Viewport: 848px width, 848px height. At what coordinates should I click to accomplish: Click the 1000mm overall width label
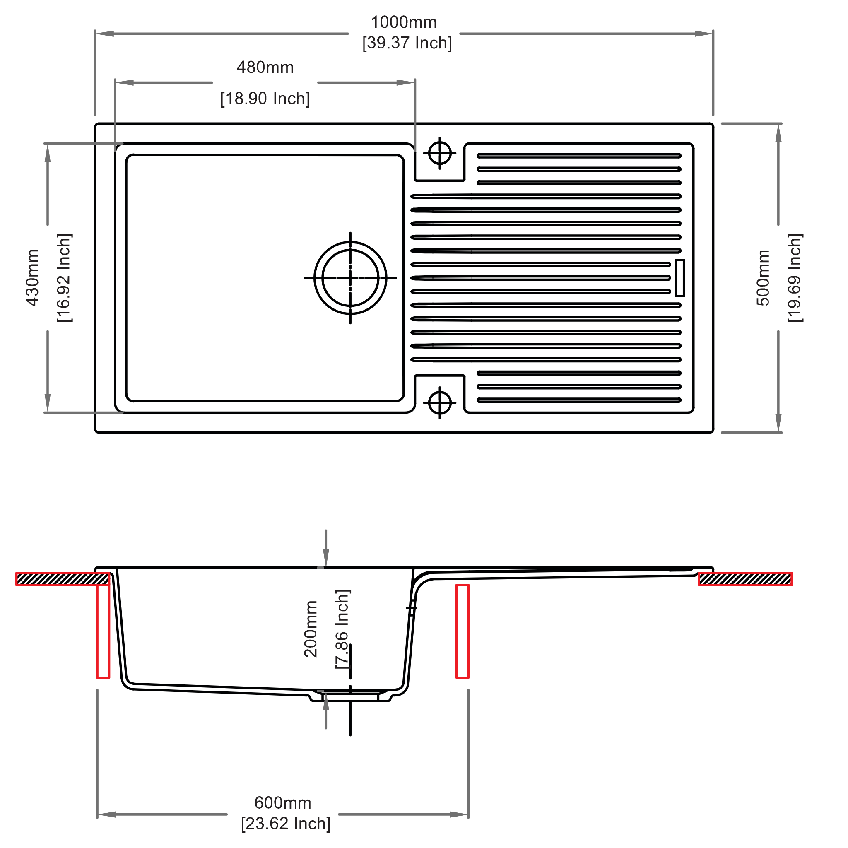404,22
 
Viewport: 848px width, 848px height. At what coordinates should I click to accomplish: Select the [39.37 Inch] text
407,43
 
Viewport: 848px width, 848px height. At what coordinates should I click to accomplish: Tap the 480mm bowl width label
265,67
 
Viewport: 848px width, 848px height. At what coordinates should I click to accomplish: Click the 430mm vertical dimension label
32,278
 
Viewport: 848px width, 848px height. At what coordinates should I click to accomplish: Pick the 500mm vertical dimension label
763,278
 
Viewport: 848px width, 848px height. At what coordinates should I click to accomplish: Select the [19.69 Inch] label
795,278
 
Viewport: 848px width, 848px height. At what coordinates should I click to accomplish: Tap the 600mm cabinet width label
283,803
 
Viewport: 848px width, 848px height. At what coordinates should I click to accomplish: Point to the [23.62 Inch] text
286,824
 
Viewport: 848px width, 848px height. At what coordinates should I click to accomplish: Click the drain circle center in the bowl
350,278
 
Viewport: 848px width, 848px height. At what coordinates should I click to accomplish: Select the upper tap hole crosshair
440,153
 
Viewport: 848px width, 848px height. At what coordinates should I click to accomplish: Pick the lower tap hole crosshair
440,402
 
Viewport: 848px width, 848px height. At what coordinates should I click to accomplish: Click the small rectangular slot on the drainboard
680,278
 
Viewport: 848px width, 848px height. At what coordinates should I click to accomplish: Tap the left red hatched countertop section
63,579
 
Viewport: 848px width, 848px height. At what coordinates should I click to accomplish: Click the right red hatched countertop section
745,579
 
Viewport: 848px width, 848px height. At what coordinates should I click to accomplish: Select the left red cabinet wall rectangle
103,631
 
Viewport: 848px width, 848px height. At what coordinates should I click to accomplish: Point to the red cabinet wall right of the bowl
463,631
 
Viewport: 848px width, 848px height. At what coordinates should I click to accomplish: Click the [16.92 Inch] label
65,278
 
